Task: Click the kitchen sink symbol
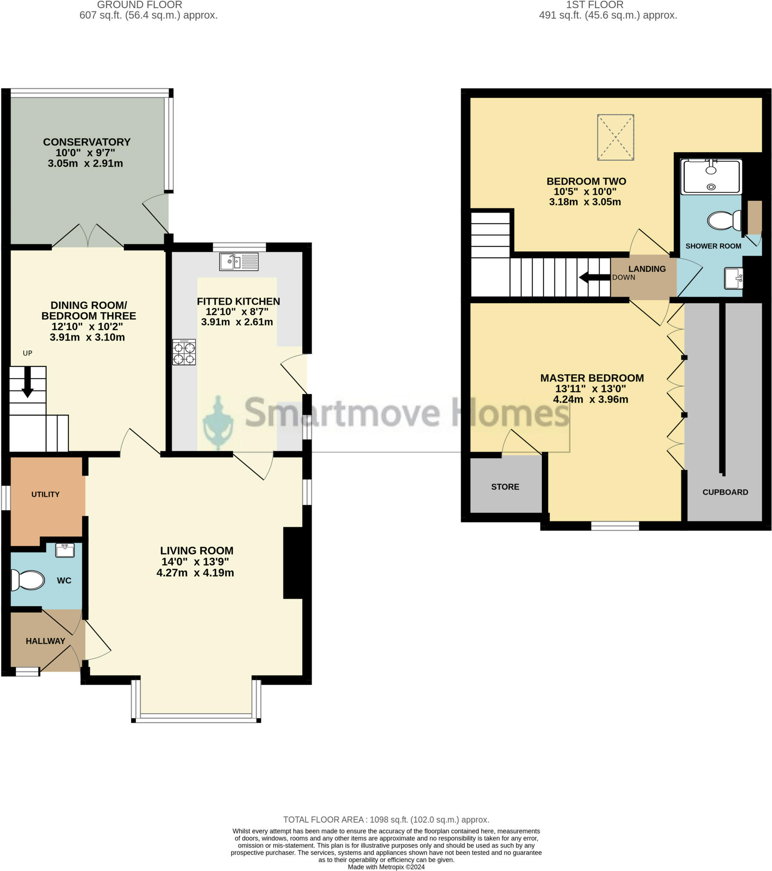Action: coord(238,262)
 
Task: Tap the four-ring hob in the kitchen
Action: coord(184,353)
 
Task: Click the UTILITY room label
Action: coord(45,494)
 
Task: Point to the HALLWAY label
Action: coord(45,641)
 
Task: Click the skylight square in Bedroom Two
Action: coord(615,137)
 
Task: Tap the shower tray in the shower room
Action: coord(711,176)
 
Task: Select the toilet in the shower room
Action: coord(724,220)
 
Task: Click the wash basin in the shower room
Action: coord(733,278)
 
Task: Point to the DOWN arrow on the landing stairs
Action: coord(594,277)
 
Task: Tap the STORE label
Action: coord(505,487)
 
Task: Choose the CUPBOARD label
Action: coord(725,492)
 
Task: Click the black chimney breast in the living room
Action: coord(293,563)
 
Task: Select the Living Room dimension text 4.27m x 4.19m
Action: coord(195,573)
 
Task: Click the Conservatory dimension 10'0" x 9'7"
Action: coord(85,153)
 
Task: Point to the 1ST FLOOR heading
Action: coord(594,5)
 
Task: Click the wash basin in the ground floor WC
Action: coord(65,550)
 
